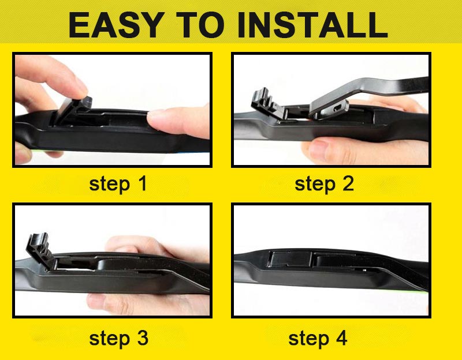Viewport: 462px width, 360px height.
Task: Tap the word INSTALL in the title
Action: point(312,25)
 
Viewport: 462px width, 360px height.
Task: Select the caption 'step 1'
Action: point(118,184)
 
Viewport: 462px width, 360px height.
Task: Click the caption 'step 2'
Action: point(324,184)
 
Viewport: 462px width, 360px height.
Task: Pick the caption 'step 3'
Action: point(118,339)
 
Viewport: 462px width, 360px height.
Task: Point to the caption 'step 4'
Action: point(318,339)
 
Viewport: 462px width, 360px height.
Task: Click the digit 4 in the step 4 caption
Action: point(341,338)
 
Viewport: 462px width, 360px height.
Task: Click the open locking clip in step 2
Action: point(267,104)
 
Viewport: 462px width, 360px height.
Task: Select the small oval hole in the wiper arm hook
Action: point(337,109)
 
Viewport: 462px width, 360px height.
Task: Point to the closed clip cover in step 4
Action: point(290,259)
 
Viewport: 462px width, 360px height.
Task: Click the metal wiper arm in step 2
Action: point(368,94)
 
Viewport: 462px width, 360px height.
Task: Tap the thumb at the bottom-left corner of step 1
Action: point(24,153)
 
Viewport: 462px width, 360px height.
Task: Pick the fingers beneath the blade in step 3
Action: point(147,303)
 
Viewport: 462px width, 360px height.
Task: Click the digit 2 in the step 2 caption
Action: point(348,183)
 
